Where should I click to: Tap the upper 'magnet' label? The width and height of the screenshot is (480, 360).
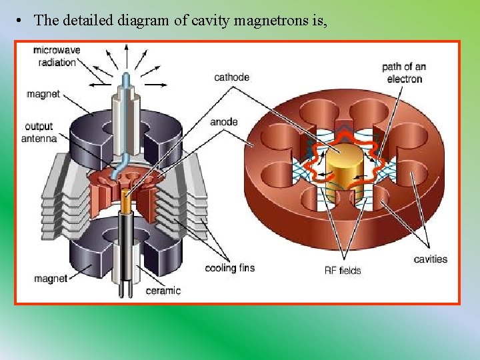(x=43, y=94)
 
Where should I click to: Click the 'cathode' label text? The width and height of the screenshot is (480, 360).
(x=231, y=77)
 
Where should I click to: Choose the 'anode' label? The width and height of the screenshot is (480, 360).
(x=224, y=122)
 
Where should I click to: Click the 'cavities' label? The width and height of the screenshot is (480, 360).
(x=430, y=259)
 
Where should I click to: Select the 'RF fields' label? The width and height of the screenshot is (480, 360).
(x=343, y=270)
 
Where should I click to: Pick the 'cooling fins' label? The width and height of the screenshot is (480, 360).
(x=229, y=268)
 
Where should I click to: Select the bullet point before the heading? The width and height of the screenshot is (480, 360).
(x=22, y=20)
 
